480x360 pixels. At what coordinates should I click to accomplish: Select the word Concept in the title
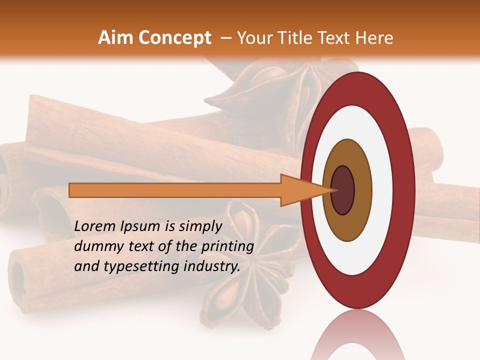pyautogui.click(x=174, y=38)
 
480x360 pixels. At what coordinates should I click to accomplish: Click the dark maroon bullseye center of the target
pyautogui.click(x=343, y=190)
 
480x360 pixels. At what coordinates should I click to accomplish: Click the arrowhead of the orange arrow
pyautogui.click(x=300, y=190)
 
